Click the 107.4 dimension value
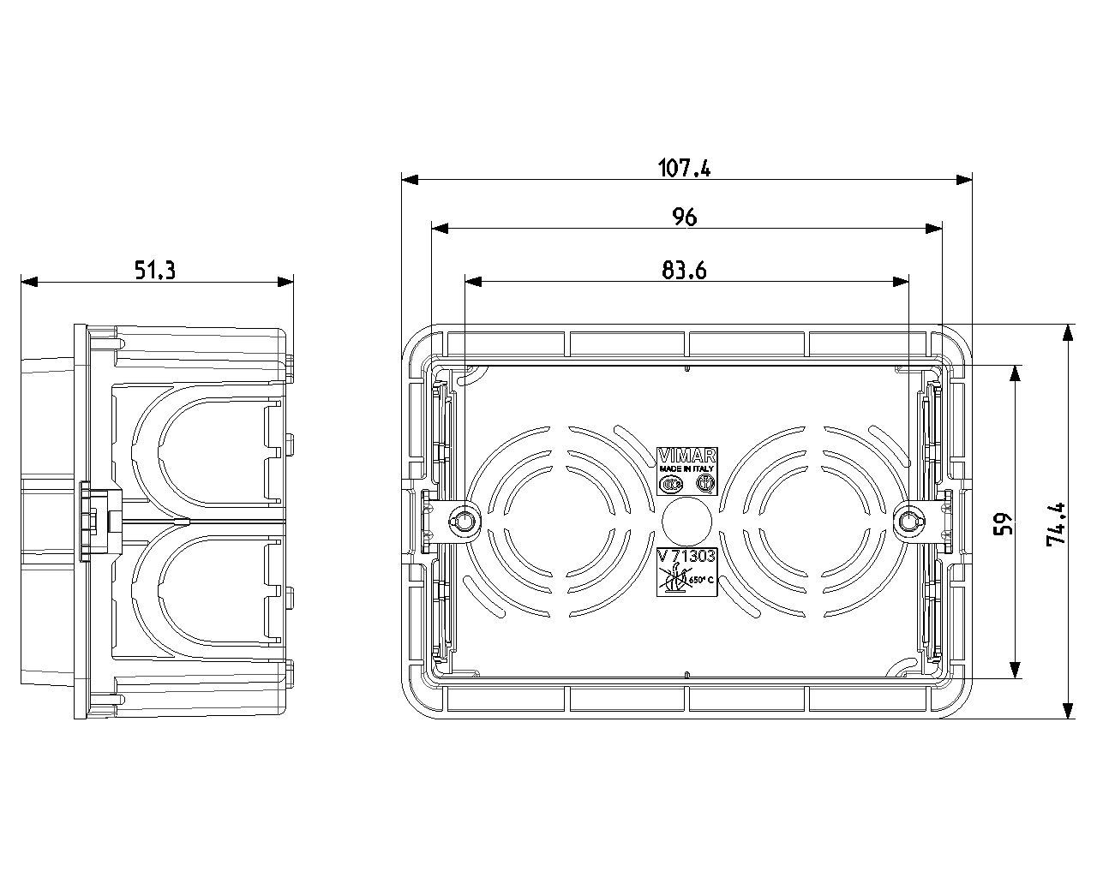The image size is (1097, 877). coord(684,168)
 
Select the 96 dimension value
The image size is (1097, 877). coord(684,217)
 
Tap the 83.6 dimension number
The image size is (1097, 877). coord(684,271)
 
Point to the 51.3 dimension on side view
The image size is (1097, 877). coord(155,270)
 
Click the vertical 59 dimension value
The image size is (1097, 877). coord(1003,524)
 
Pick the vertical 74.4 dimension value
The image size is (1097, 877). coord(1056,524)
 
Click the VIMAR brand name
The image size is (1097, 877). coord(686,456)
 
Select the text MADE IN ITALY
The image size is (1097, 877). coord(686,468)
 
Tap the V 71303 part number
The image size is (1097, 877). coord(686,556)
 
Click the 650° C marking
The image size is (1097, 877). coord(702,580)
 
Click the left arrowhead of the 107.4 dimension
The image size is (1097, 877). coord(410,179)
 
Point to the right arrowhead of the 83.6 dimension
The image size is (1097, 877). coord(901,282)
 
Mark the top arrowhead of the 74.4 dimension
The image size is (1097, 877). coord(1068,333)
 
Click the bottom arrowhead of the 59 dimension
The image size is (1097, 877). coord(1015,670)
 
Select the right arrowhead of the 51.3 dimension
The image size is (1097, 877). coord(285,282)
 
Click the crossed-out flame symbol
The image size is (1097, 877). coord(674,581)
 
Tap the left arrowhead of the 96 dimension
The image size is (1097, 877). coord(440,229)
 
